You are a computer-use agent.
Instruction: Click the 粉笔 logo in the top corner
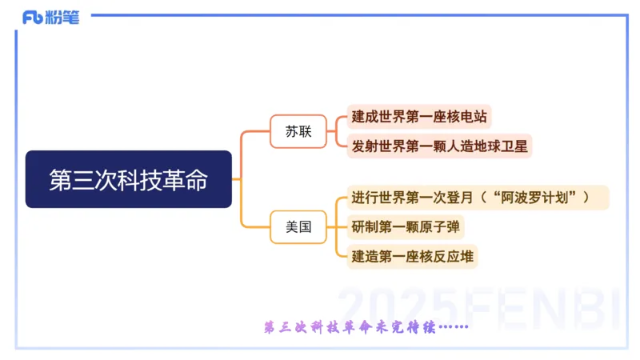click(x=51, y=17)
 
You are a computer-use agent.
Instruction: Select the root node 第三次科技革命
click(x=128, y=180)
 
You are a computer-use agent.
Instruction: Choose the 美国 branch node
click(x=298, y=227)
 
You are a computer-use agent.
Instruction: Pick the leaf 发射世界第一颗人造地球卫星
click(x=440, y=146)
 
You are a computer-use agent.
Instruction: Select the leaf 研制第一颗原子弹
click(x=406, y=227)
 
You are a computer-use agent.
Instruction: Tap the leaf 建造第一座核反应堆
click(x=413, y=257)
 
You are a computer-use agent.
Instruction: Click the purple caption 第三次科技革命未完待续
click(x=364, y=327)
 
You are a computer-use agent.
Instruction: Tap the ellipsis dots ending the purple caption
click(x=452, y=327)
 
